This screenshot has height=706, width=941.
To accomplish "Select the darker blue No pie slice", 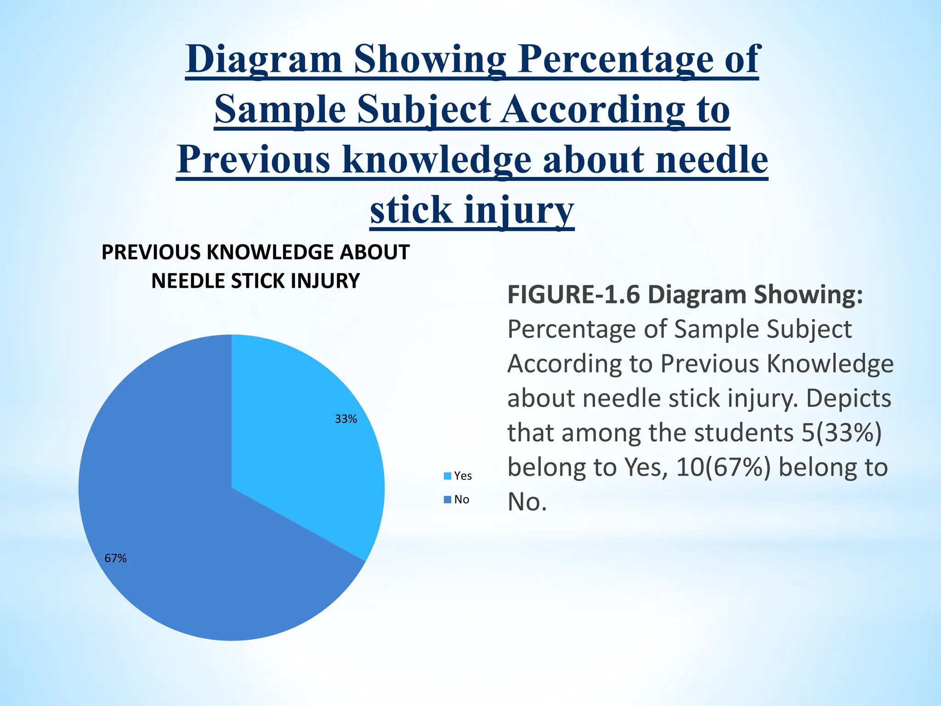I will click(184, 529).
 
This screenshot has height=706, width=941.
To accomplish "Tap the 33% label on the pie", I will click(346, 419).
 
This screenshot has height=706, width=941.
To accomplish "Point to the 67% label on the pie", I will click(115, 558).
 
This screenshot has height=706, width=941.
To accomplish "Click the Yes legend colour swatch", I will click(447, 476).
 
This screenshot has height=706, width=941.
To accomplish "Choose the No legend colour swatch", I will click(447, 500).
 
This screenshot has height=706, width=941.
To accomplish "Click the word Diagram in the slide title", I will click(264, 60).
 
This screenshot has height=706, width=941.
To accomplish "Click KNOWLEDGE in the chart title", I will click(270, 252).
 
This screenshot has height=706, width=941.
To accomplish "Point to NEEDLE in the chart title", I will click(188, 281).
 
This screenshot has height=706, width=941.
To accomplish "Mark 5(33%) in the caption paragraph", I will click(841, 433).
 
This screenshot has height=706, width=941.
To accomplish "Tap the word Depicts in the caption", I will click(848, 399).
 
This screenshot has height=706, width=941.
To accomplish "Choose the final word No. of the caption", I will click(527, 502).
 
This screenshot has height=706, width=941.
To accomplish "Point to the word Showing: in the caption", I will click(808, 295).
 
